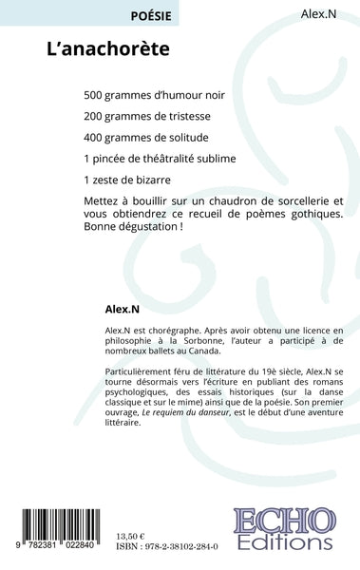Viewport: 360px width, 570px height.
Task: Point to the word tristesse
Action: click(195, 116)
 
